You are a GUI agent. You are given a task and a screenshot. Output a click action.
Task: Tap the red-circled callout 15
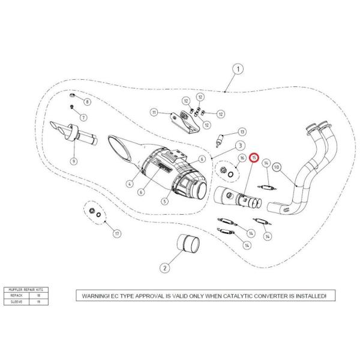[254, 158]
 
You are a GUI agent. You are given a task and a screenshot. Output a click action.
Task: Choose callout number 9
[74, 161]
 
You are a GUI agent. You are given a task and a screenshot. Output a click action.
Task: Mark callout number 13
[242, 131]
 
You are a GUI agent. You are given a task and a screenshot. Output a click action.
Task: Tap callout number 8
[87, 103]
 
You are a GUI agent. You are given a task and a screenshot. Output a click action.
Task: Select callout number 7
[83, 116]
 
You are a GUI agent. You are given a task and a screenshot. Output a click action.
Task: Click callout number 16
[241, 158]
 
